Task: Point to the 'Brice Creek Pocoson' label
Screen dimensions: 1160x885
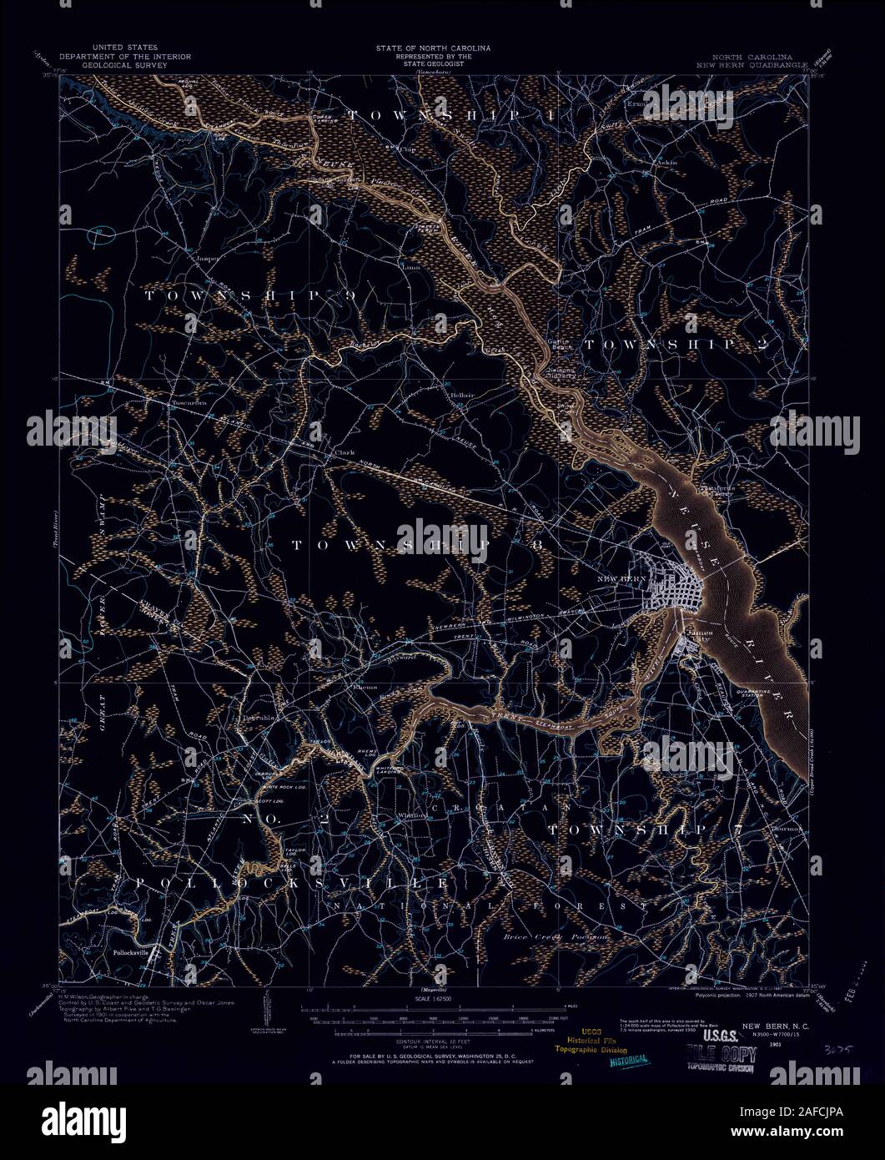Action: (555, 937)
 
